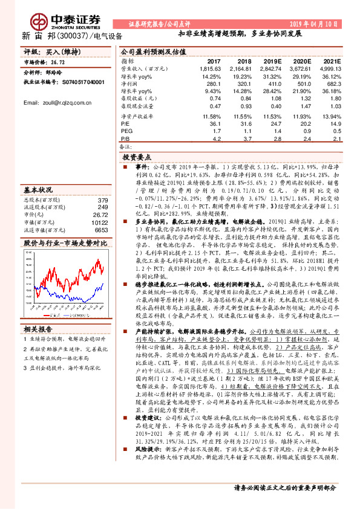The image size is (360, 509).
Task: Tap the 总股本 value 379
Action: point(103,200)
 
